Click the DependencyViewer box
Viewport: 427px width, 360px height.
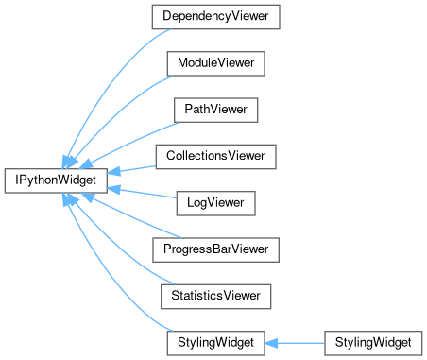tap(215, 17)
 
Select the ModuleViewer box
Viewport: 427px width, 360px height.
tap(215, 63)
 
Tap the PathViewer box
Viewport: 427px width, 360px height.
tap(215, 110)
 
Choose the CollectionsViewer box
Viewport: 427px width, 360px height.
tap(215, 157)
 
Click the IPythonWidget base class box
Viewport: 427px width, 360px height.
tap(56, 180)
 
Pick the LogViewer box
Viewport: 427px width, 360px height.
tap(215, 203)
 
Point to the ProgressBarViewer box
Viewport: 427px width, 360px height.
tap(215, 249)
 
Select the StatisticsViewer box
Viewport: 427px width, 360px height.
tap(215, 297)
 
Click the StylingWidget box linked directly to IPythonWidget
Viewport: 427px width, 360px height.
tap(215, 343)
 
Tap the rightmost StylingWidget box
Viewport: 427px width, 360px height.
tap(373, 343)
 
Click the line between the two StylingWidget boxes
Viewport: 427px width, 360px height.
tap(300, 343)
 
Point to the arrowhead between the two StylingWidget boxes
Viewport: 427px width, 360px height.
tap(271, 343)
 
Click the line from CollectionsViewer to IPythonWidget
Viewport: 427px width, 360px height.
tap(138, 168)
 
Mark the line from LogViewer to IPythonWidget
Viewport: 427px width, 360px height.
tap(147, 194)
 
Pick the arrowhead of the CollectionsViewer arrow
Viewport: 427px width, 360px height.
tap(113, 172)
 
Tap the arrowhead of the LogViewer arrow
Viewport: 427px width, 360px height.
tap(113, 189)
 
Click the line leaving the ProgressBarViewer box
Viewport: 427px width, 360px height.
tap(136, 218)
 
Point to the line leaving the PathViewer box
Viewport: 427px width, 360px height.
tap(134, 142)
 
